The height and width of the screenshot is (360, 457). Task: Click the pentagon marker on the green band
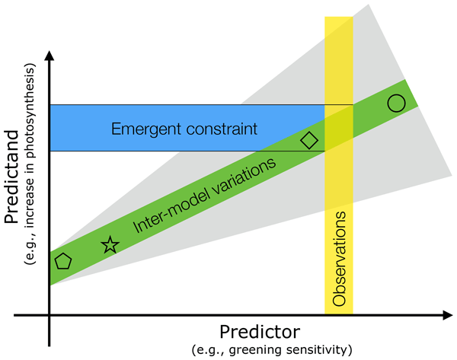pos(63,261)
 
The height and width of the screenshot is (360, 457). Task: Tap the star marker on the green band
pos(110,244)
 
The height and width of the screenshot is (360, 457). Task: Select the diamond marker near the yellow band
pos(309,140)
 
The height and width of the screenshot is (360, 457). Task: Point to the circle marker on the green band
pos(396,103)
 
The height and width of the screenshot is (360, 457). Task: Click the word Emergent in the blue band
pos(146,129)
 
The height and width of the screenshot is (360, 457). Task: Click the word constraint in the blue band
pos(222,129)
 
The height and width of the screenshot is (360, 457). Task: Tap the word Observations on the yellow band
pos(339,259)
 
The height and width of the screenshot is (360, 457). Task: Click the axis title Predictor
pos(260,332)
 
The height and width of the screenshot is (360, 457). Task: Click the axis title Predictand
pos(11,177)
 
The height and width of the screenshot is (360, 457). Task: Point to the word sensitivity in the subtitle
pos(317,350)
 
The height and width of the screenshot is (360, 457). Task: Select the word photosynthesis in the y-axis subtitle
pos(30,110)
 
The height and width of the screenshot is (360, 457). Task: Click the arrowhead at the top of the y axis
pos(50,56)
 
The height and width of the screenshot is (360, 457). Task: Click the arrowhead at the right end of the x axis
pos(447,315)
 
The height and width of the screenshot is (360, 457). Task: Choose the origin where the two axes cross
pos(50,315)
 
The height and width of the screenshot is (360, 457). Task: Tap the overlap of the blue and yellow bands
pos(339,128)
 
